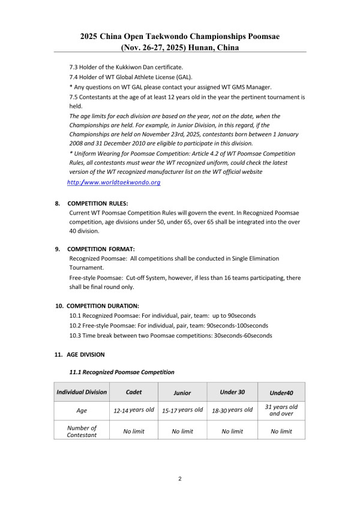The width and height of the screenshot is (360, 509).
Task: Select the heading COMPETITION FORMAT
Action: pos(101,248)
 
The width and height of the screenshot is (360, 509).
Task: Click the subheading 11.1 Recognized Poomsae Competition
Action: pos(122,373)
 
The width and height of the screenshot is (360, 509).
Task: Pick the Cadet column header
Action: pos(134,392)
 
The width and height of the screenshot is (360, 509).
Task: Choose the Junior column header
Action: pos(182,393)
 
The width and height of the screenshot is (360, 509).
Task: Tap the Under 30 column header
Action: pos(232,392)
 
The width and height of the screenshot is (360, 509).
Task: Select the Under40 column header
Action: pos(281,393)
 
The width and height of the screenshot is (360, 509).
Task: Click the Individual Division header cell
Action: pos(82,392)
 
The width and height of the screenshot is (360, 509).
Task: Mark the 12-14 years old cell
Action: pos(134,411)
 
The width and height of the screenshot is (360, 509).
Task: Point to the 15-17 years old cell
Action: pos(182,411)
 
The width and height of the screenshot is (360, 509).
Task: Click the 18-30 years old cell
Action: pos(232,411)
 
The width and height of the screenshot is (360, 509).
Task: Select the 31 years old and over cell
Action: pos(281,411)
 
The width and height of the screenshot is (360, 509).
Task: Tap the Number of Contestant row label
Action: pos(82,430)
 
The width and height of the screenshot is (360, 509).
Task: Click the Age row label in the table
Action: pos(82,411)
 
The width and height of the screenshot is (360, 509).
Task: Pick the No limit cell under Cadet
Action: pos(134,431)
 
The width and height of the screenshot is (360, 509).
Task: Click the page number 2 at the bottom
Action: pos(180,479)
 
